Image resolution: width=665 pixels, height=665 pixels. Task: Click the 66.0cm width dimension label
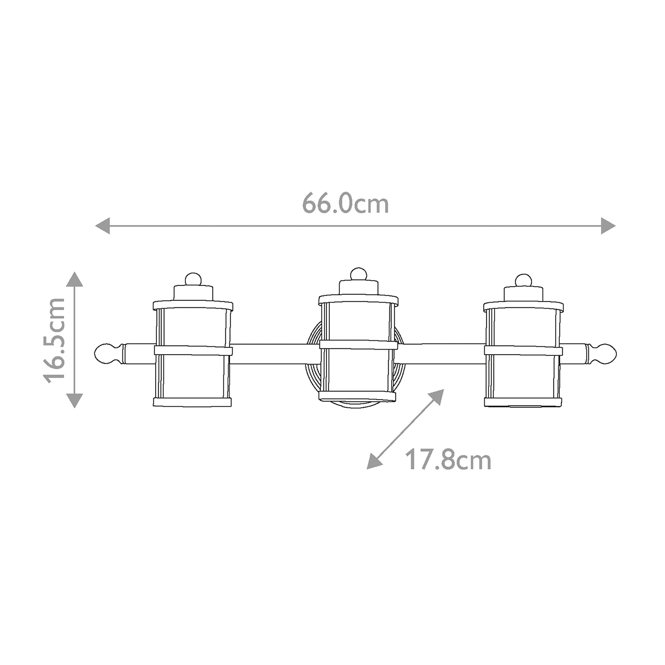(x=345, y=203)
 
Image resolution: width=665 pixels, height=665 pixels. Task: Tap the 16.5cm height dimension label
(x=56, y=340)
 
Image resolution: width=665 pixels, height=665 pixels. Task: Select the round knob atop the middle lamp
(x=358, y=274)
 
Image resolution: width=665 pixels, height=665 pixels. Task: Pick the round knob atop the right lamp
(x=522, y=279)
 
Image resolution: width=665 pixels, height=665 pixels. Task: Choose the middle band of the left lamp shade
(x=192, y=350)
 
